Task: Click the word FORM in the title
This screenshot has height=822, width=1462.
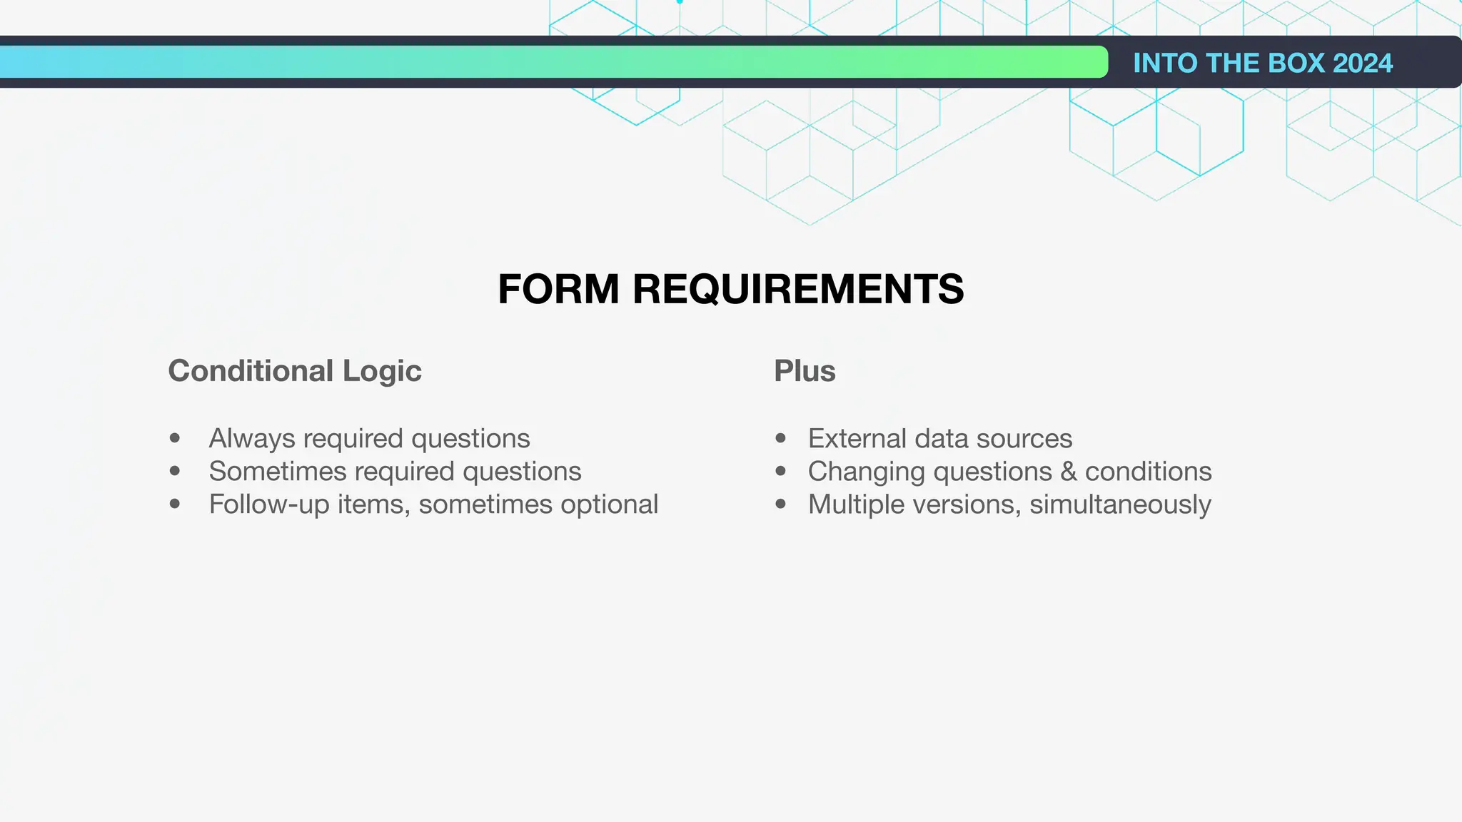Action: (x=558, y=290)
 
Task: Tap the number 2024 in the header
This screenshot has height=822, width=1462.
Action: (x=1362, y=64)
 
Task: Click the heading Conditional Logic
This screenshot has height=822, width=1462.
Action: (x=295, y=371)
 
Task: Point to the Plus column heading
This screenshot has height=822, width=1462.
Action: (x=805, y=371)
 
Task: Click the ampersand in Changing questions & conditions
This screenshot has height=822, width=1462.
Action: (x=1068, y=472)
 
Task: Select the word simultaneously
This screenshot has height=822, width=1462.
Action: (x=1120, y=504)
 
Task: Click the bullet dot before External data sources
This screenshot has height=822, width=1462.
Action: (x=780, y=438)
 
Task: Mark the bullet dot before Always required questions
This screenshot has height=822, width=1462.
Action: (x=175, y=438)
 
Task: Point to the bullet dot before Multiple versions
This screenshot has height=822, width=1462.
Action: (x=780, y=504)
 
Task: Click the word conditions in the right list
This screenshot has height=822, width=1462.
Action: (x=1148, y=472)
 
